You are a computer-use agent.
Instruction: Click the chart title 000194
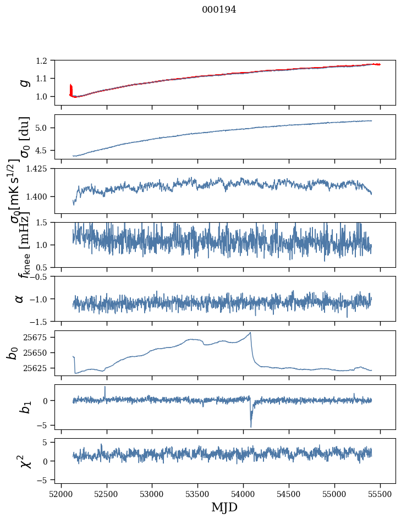219,9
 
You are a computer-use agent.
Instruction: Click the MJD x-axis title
224,507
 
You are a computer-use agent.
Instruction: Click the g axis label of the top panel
24,82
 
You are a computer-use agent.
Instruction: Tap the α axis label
20,299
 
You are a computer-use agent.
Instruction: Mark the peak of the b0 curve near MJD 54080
251,333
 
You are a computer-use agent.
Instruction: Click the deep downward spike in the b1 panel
251,426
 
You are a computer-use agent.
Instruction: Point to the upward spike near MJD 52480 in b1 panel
105,387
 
